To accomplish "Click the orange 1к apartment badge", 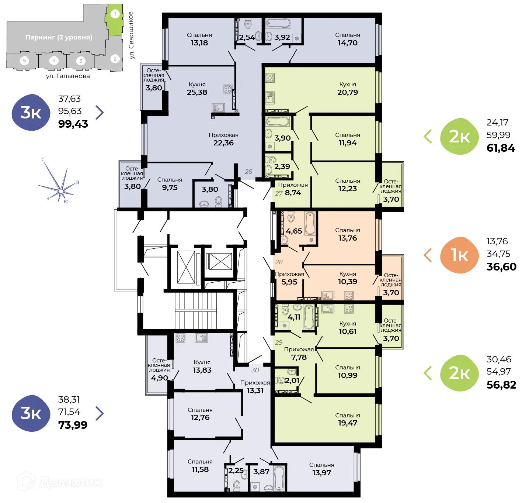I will point(459,255).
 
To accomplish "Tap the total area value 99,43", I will point(73,124).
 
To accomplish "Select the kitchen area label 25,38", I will point(197,92).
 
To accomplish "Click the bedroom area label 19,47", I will point(347,423).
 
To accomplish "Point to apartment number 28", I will point(279,262).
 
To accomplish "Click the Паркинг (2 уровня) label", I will point(59,37).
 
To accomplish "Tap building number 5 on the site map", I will point(24,61).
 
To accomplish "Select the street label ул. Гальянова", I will point(68,76).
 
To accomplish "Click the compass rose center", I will point(61,191).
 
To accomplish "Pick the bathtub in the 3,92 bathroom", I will point(278,24).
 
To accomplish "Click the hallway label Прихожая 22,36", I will point(223,139).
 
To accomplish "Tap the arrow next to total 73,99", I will point(100,413).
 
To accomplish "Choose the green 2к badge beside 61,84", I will point(459,137).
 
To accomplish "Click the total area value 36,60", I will point(501,267).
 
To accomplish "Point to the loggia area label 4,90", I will point(159,378).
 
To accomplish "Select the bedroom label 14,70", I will point(347,43).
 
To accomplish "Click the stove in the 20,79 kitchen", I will point(270,77).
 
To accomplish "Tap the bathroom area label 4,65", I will point(294,231).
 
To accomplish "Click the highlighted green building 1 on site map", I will point(115,20).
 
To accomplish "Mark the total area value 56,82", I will point(501,385).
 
